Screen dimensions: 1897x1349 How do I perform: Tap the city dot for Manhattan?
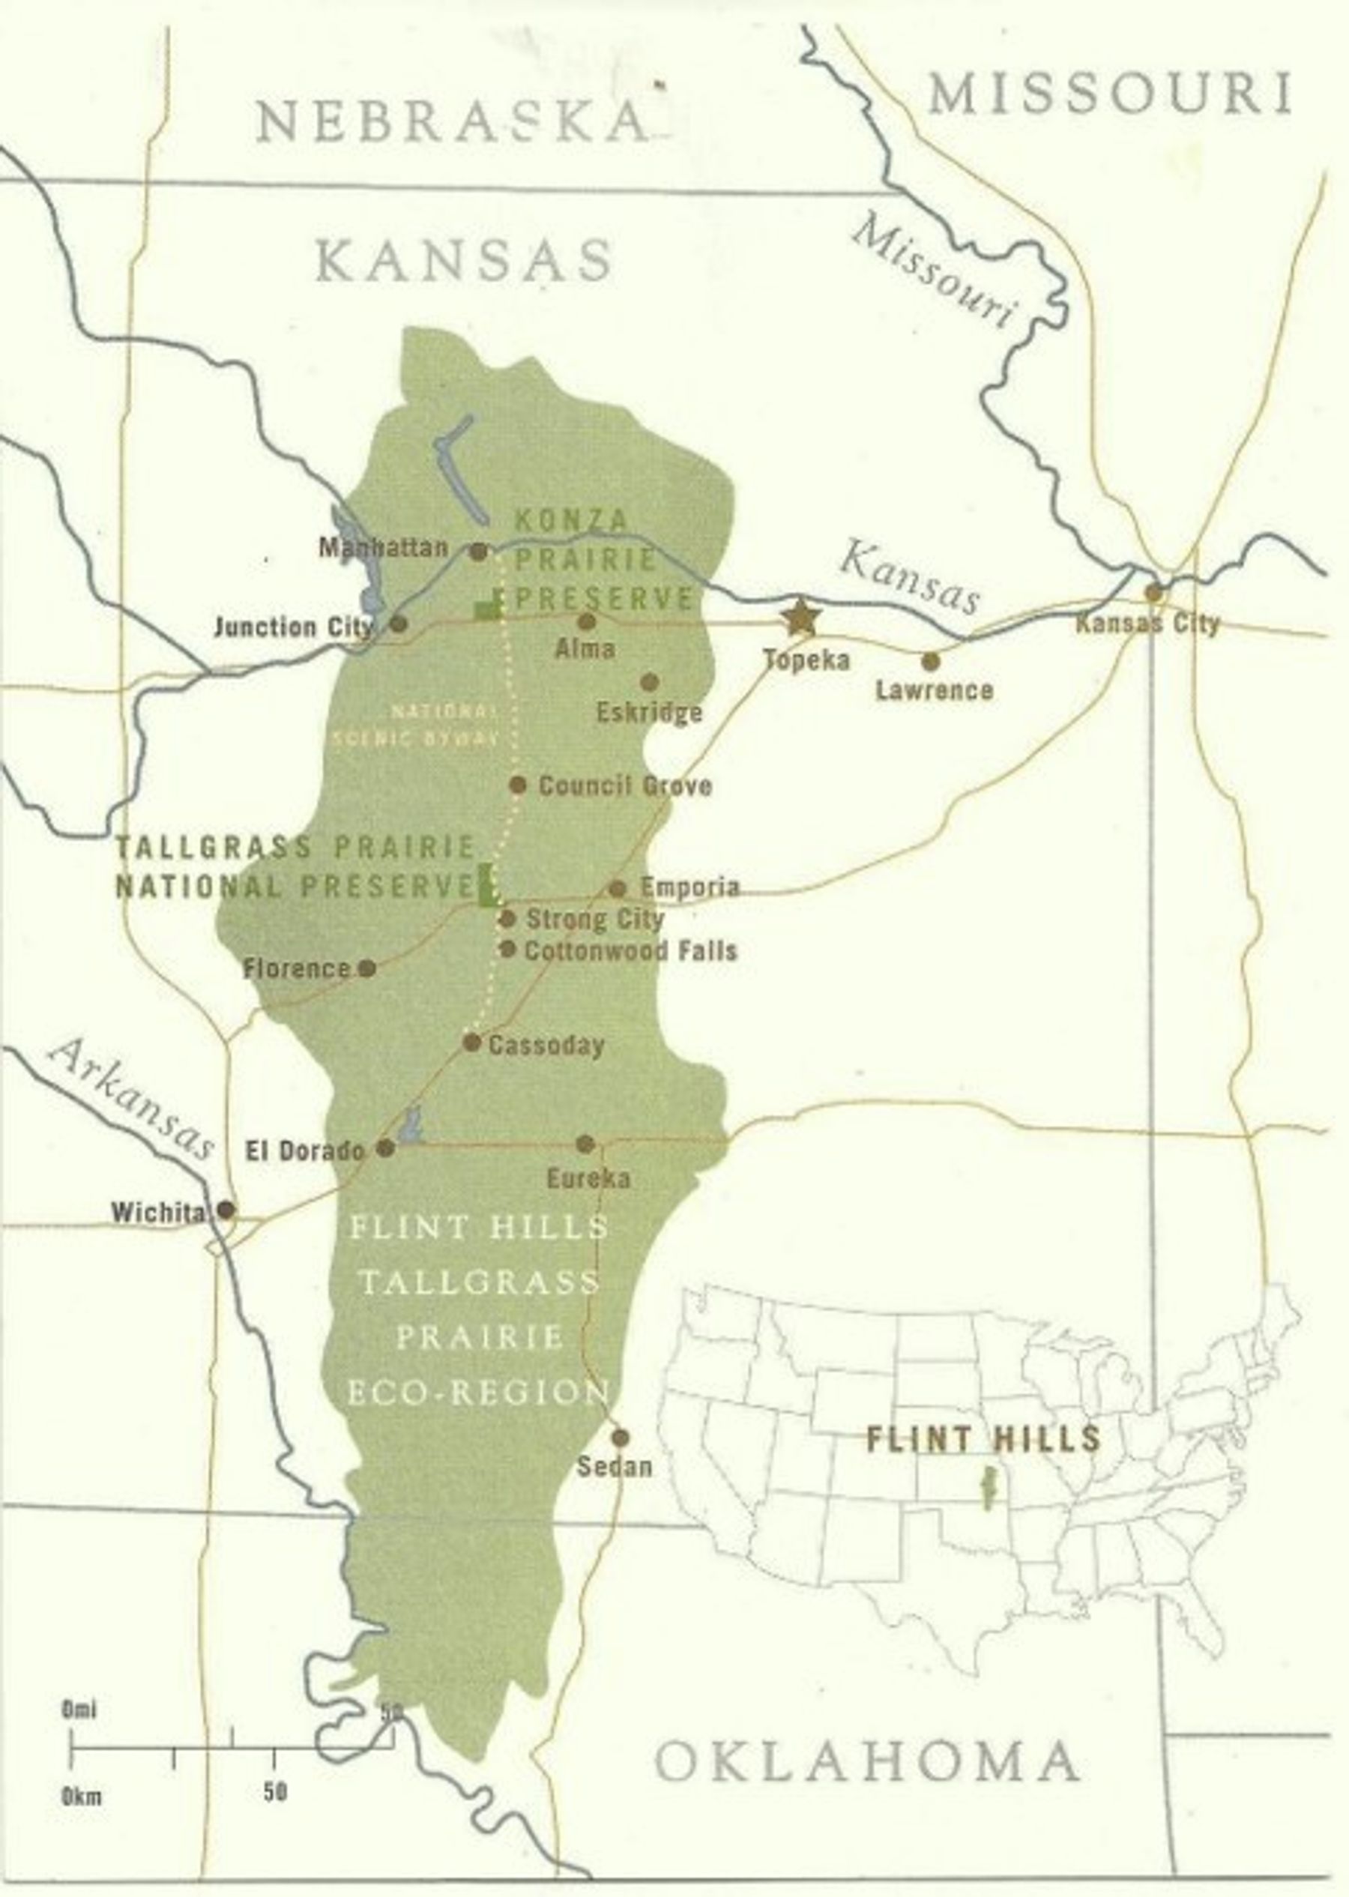[478, 551]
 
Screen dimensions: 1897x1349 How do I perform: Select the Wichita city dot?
[225, 1210]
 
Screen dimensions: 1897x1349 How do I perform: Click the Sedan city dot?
[620, 1438]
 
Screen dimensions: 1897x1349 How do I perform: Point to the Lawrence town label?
[934, 690]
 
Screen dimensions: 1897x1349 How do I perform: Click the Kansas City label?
[1147, 624]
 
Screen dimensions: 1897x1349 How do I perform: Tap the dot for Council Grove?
[518, 784]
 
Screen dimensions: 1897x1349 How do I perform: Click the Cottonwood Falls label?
[630, 950]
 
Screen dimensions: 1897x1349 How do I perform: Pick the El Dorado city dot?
[385, 1147]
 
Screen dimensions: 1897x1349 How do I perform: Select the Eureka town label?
[588, 1177]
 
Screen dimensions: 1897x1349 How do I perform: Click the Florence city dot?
[367, 968]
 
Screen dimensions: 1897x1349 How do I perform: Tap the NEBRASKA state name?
[451, 121]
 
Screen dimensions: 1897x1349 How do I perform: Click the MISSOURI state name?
[1110, 92]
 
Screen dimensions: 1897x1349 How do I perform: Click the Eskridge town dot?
[650, 682]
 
